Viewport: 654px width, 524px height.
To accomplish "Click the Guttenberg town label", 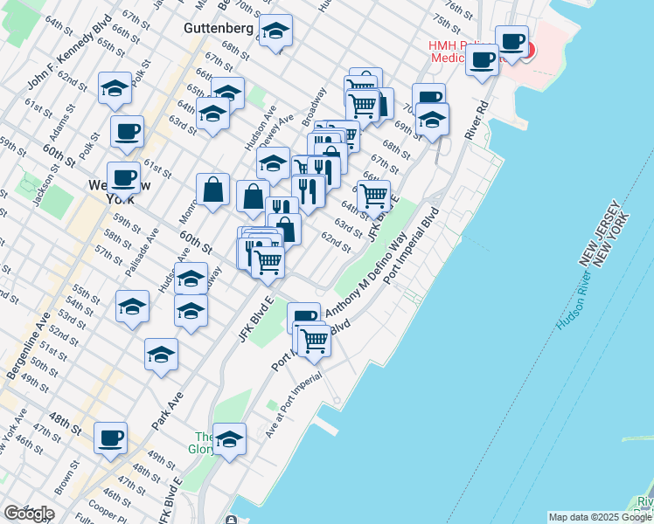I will pyautogui.click(x=219, y=28).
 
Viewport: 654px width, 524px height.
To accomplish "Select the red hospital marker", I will pyautogui.click(x=526, y=48).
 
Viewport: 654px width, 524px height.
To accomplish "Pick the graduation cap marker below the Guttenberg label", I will pyautogui.click(x=276, y=34).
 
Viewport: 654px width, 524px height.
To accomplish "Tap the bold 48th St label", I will pyautogui.click(x=63, y=416).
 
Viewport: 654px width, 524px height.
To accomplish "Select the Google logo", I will pyautogui.click(x=29, y=514).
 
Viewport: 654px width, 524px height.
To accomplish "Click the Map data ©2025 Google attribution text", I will pyautogui.click(x=600, y=517).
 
